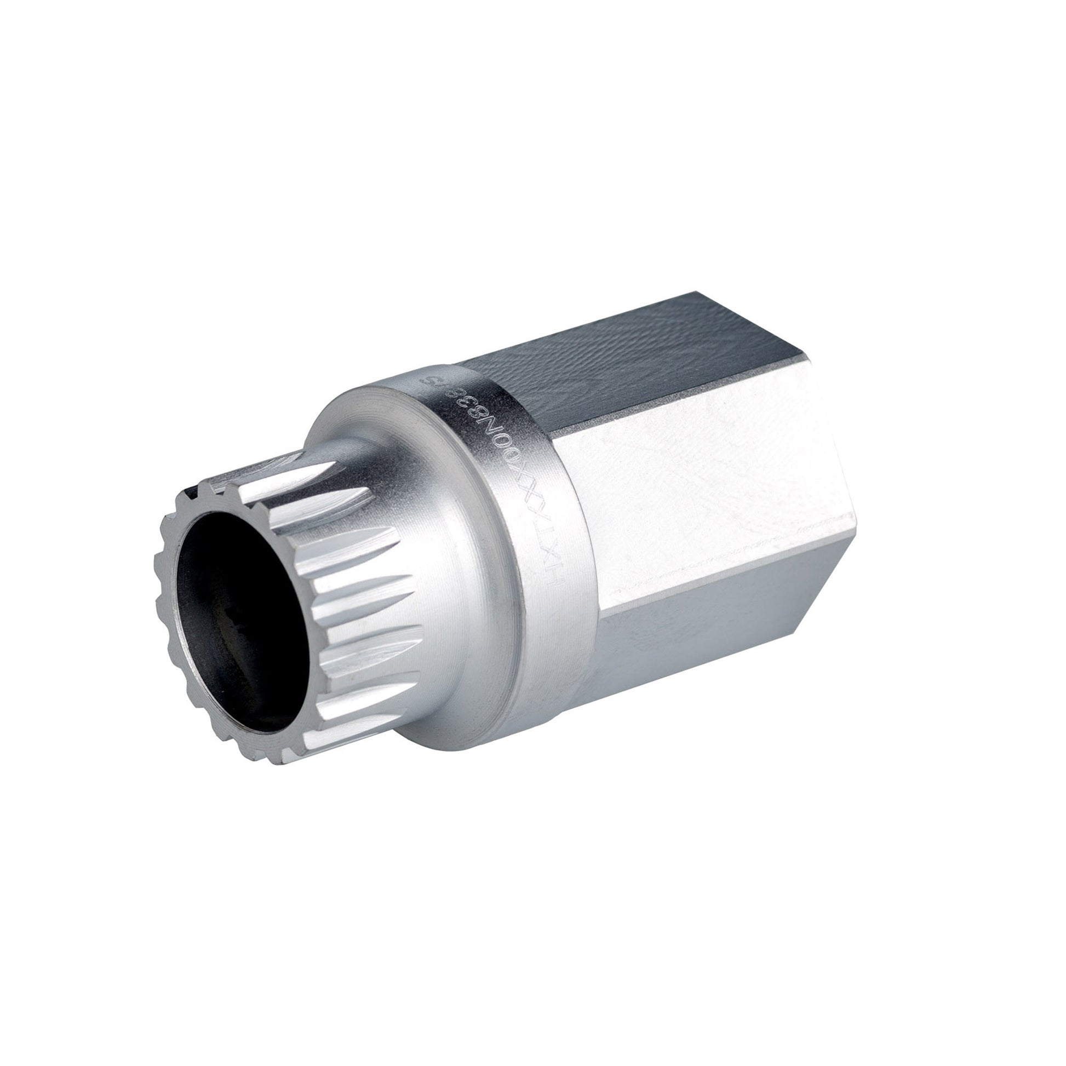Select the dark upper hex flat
634,359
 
